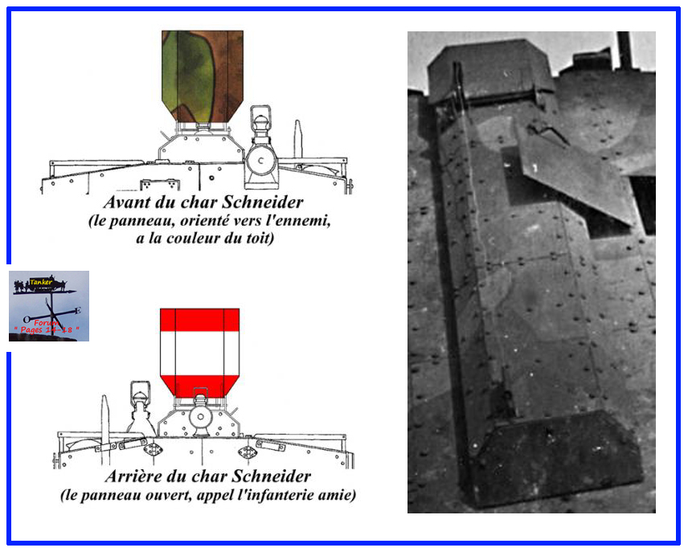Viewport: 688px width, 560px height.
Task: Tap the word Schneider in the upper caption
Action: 262,202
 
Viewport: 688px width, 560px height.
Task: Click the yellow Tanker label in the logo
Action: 41,283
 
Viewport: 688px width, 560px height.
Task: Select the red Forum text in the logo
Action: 46,323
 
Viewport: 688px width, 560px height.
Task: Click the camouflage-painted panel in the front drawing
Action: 203,76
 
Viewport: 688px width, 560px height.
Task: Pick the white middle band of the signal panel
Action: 199,353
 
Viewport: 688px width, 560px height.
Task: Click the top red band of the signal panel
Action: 199,320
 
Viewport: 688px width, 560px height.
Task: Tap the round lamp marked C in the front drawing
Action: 261,161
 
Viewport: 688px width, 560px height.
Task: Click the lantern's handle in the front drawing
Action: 260,113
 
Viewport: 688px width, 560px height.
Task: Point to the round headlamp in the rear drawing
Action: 200,417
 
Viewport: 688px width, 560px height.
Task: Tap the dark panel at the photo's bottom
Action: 554,459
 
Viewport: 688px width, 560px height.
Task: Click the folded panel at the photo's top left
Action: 490,70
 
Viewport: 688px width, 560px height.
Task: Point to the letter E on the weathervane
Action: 78,310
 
